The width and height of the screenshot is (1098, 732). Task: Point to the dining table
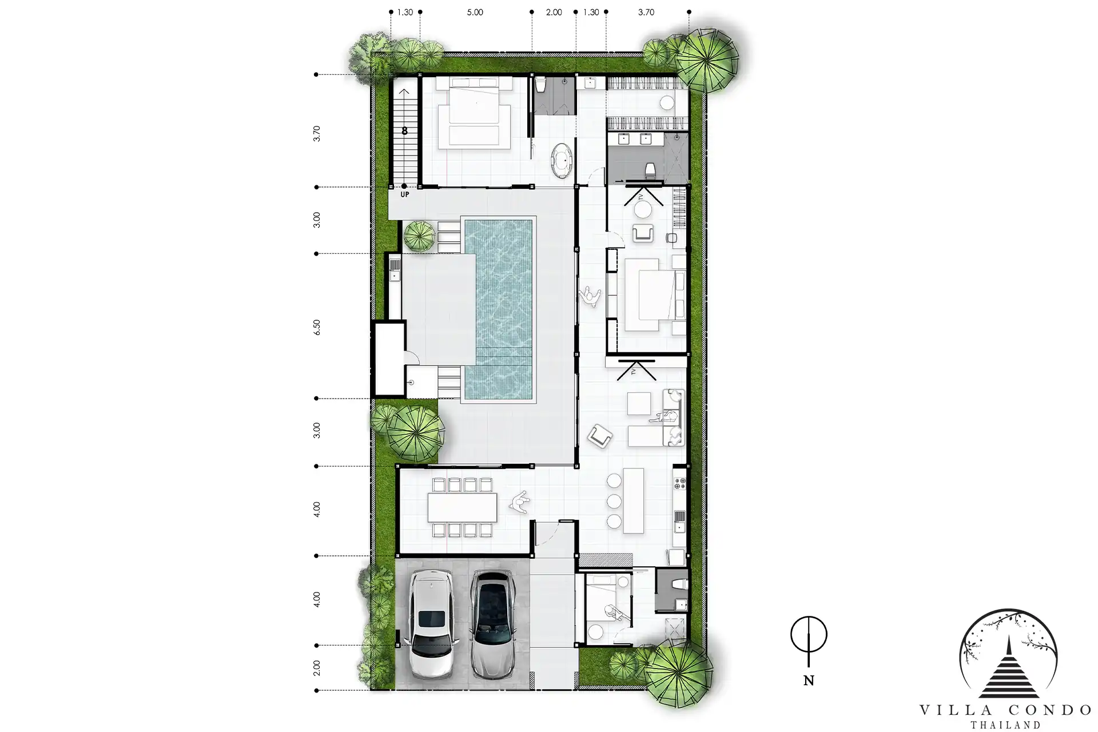[462, 507]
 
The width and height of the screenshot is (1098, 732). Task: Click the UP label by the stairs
[405, 195]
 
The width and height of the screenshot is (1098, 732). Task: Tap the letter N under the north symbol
[809, 681]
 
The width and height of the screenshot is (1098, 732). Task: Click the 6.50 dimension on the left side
[317, 327]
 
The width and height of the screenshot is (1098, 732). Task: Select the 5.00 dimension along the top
[475, 12]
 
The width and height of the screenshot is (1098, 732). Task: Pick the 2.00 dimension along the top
[554, 12]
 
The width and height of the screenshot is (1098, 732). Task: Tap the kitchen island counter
[633, 500]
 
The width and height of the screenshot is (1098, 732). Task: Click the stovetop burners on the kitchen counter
[680, 484]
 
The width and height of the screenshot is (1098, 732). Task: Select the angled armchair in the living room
[600, 436]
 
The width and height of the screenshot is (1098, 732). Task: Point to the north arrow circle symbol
[809, 635]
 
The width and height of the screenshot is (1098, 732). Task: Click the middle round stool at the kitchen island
[614, 501]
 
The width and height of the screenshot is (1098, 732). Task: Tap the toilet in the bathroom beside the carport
[679, 584]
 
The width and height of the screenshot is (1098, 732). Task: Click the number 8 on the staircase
[404, 131]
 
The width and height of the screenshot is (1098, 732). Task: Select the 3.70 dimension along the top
[646, 12]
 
